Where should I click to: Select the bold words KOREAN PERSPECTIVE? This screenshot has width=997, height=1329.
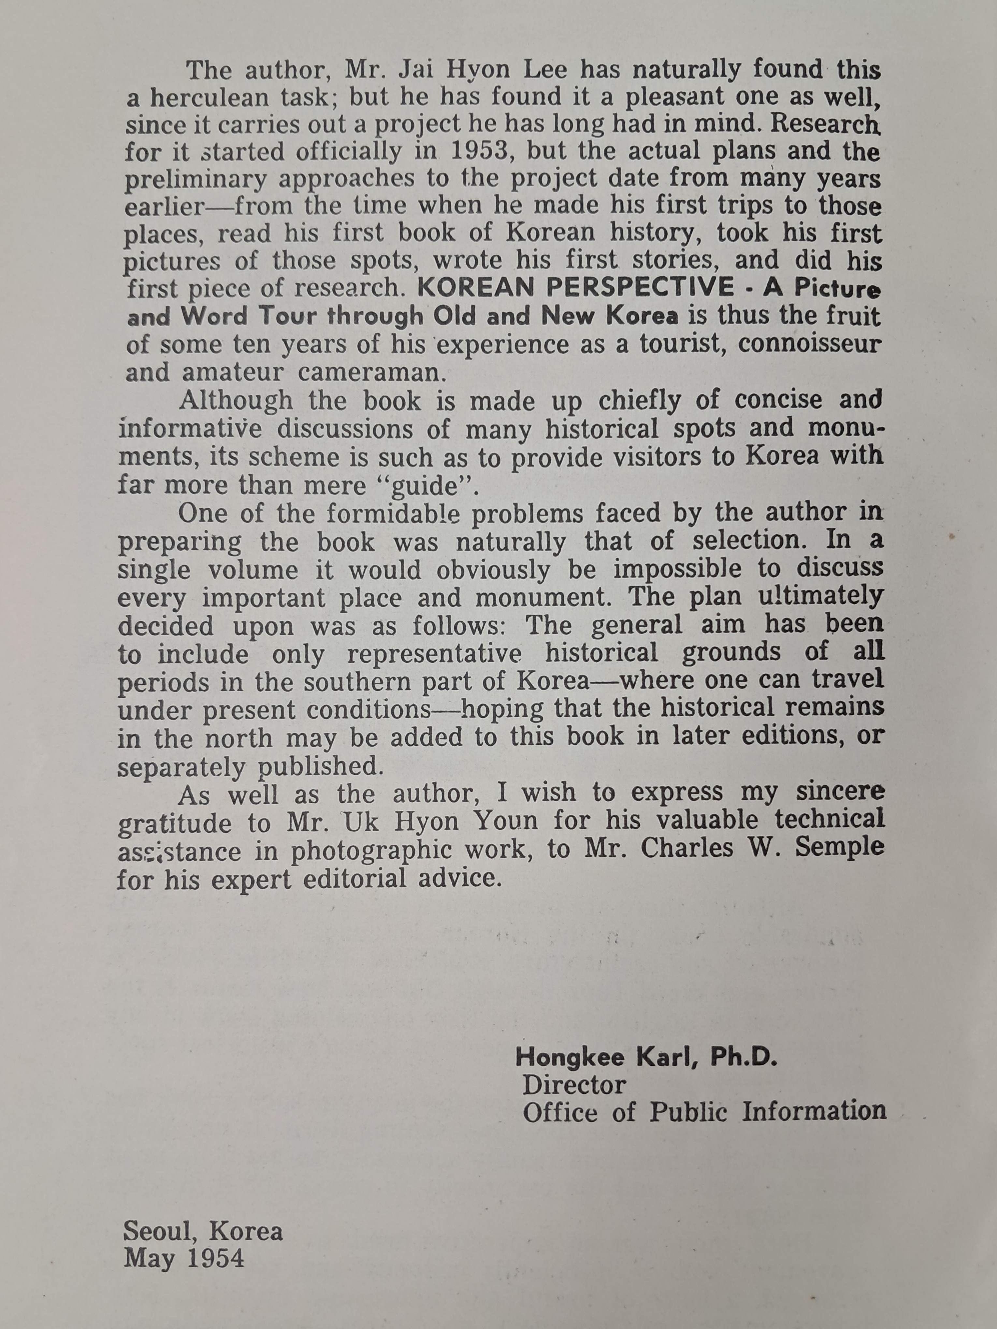pyautogui.click(x=575, y=288)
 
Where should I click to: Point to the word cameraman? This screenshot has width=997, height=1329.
pyautogui.click(x=371, y=373)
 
